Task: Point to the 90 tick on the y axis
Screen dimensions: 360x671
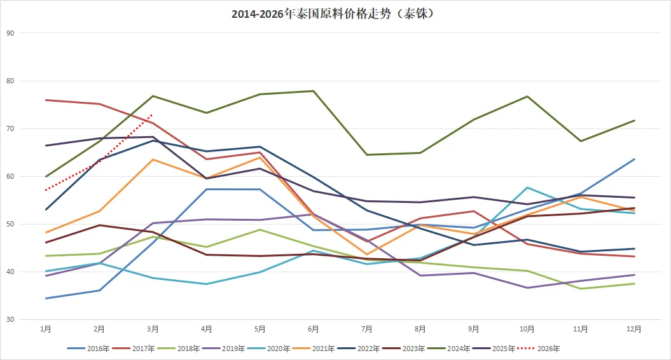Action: pyautogui.click(x=10, y=33)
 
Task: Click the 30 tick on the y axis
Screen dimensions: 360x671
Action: pyautogui.click(x=10, y=320)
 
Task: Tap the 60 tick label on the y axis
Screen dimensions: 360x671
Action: pyautogui.click(x=10, y=176)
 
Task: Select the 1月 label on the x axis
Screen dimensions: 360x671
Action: pyautogui.click(x=46, y=329)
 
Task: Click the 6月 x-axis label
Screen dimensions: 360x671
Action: pyautogui.click(x=314, y=329)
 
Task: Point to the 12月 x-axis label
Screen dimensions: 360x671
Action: pyautogui.click(x=634, y=329)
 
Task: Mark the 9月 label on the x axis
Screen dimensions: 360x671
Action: pyautogui.click(x=474, y=329)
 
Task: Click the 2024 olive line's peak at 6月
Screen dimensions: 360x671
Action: pyautogui.click(x=314, y=91)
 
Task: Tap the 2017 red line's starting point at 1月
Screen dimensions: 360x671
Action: pyautogui.click(x=46, y=100)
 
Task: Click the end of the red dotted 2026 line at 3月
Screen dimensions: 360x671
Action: pyautogui.click(x=153, y=115)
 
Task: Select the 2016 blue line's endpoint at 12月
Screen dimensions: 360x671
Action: pyautogui.click(x=634, y=159)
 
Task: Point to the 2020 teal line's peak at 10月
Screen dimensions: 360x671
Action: pyautogui.click(x=527, y=188)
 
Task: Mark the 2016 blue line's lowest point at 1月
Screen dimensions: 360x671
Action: pyautogui.click(x=46, y=298)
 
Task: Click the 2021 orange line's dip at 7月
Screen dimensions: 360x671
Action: pyautogui.click(x=367, y=254)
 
